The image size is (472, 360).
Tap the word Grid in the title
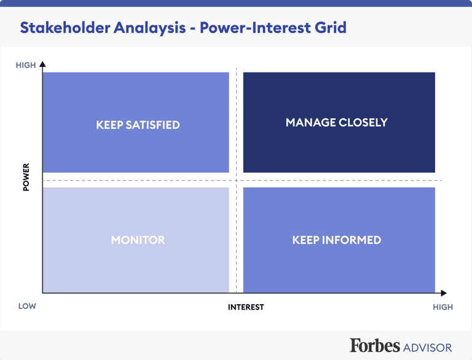point(329,28)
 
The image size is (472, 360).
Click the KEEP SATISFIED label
point(138,125)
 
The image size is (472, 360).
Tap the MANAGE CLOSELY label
point(336,122)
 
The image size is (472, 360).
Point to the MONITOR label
point(138,240)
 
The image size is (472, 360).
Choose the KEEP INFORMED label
point(336,240)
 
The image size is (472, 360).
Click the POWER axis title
point(26,177)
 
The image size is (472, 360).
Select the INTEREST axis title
point(246,307)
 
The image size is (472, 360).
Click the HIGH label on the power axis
point(26,65)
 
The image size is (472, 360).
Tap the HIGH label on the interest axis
point(442,307)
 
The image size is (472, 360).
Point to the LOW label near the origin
point(27,306)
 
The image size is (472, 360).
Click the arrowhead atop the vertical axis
point(42,64)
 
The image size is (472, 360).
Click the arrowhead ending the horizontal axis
point(444,293)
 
